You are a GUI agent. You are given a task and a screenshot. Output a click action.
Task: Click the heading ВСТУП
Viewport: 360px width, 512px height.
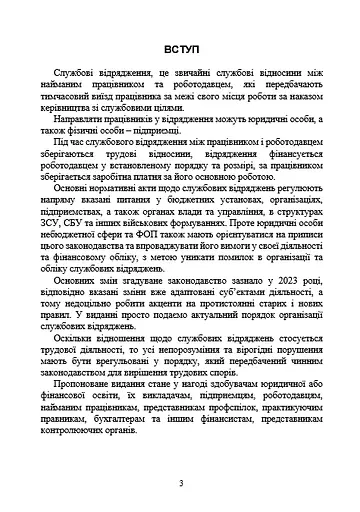pyautogui.click(x=180, y=49)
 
